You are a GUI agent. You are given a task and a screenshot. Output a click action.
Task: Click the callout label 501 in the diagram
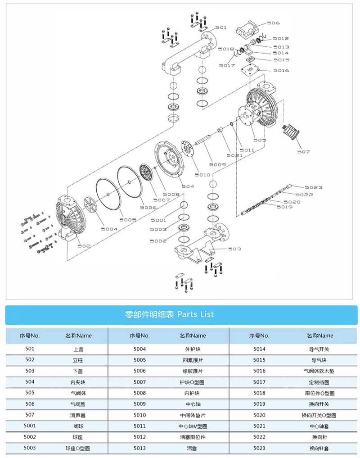coord(220,27)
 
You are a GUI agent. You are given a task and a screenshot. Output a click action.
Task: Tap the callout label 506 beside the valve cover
coord(273,23)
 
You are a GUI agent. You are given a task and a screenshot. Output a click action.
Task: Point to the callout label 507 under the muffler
coord(303,152)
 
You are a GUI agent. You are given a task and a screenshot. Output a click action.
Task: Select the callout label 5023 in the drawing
coord(314,187)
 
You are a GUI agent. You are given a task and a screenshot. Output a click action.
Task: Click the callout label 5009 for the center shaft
coord(217,165)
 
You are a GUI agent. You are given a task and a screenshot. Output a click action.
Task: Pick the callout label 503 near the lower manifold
coord(234,249)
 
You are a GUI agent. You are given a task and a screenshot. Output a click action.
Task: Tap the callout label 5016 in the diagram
coord(281,71)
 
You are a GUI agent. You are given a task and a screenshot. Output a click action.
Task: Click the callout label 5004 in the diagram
coord(109,229)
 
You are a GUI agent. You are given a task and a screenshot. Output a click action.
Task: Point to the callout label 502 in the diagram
coord(84,246)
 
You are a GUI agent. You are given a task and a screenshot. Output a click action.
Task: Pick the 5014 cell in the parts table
coord(260,349)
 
